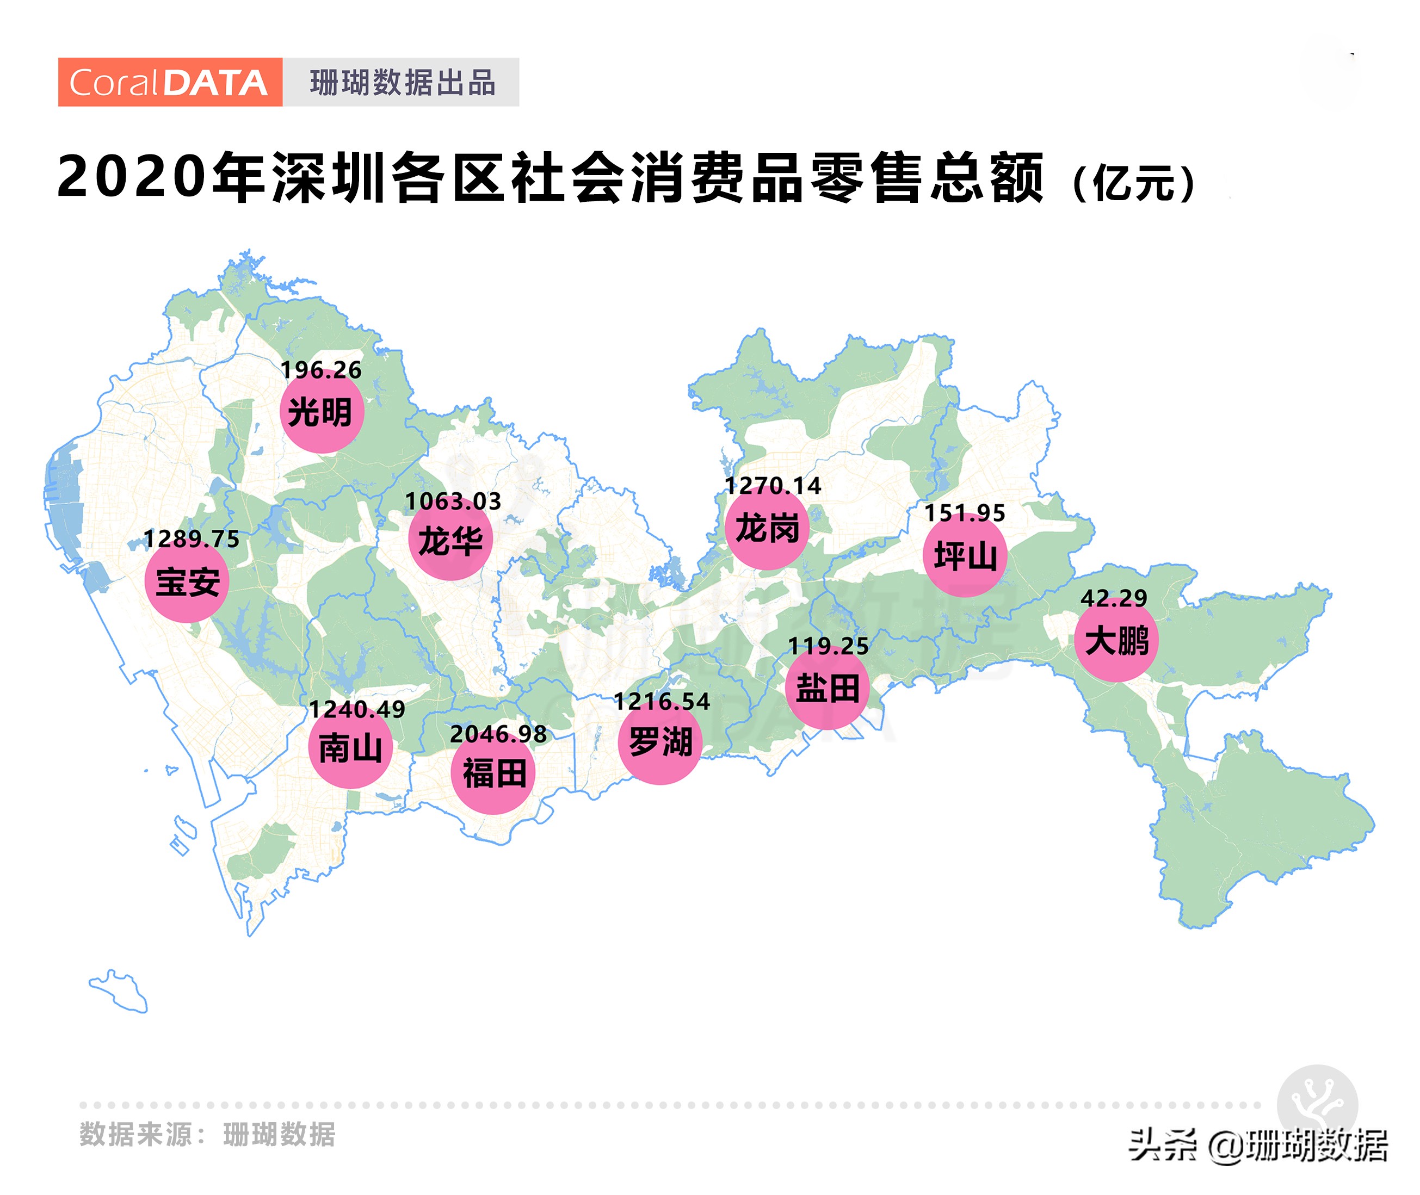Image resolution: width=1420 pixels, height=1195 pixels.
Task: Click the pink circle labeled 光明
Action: [322, 411]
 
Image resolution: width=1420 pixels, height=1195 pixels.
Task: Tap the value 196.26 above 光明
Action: [321, 370]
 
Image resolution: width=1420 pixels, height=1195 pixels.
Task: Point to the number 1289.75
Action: [191, 539]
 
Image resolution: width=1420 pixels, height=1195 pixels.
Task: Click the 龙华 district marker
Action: [450, 541]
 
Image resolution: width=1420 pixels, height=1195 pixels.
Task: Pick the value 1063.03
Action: [453, 501]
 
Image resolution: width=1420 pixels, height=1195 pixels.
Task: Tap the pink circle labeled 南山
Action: [350, 747]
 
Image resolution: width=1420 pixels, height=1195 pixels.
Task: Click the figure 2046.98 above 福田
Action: [498, 734]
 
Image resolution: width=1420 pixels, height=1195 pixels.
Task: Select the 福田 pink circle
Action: [493, 772]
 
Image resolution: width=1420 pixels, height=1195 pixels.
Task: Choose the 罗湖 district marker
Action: [660, 742]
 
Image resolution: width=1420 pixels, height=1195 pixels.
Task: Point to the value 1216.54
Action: [661, 702]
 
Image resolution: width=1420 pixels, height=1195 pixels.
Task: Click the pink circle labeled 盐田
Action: [827, 688]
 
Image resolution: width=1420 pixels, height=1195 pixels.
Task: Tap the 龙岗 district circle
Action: [767, 528]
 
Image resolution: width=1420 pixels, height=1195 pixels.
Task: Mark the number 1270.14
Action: [773, 486]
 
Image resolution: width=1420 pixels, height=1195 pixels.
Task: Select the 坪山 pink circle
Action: [965, 555]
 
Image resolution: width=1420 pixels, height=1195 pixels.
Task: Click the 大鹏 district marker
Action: [1116, 640]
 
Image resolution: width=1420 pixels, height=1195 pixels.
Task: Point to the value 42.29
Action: [1114, 598]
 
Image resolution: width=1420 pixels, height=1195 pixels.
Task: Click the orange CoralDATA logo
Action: [169, 82]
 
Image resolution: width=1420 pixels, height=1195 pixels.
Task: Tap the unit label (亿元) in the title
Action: [1135, 182]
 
